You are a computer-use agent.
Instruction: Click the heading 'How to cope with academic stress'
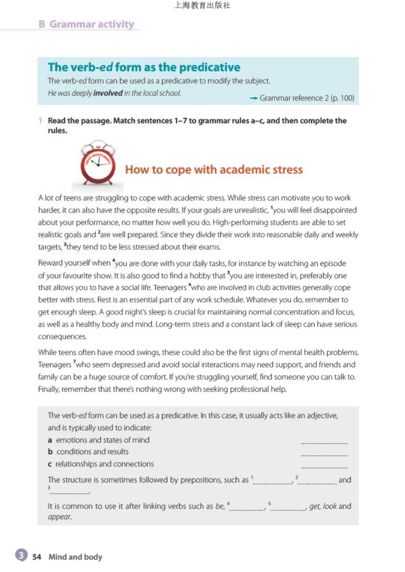coord(214,170)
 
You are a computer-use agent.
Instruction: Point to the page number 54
coord(37,557)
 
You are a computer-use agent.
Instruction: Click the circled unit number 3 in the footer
coord(20,556)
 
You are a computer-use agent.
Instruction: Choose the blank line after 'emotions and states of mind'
coord(324,442)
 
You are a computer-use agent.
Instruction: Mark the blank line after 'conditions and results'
coord(324,454)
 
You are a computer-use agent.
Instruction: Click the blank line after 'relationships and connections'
coord(324,466)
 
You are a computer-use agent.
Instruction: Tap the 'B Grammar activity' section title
coord(86,24)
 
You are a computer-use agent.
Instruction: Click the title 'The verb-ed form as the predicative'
coord(144,67)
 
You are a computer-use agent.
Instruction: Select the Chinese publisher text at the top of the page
coord(202,6)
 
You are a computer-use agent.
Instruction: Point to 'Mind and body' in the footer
coord(75,557)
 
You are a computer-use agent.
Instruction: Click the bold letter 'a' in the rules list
coord(50,440)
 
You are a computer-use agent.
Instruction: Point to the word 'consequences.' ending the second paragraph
coord(62,337)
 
